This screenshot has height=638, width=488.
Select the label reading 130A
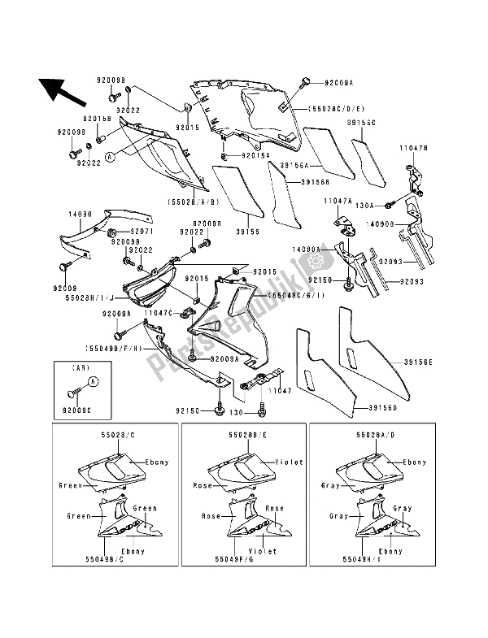point(367,206)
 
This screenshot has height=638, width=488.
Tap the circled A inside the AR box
point(93,380)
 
